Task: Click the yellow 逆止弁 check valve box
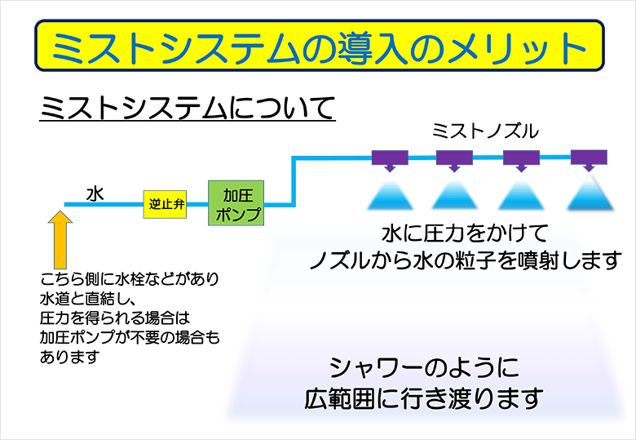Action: click(166, 204)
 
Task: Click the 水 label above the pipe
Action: click(95, 193)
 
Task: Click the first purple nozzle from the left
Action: click(389, 158)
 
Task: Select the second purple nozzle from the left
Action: click(455, 158)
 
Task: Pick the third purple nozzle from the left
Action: click(522, 158)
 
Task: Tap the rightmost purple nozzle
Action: click(589, 158)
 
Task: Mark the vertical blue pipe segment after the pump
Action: click(293, 181)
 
